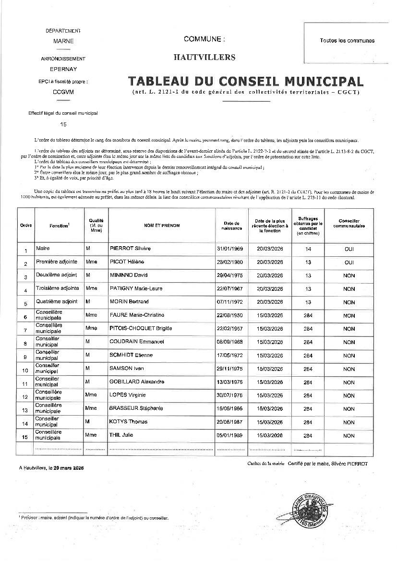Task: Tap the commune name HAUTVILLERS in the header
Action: [x=205, y=58]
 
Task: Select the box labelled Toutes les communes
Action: [x=347, y=41]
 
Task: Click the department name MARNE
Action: [x=63, y=41]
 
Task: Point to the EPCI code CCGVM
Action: [x=63, y=91]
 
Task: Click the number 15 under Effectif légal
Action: [x=63, y=124]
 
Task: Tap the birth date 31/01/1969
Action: [x=230, y=249]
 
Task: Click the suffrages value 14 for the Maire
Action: [x=308, y=249]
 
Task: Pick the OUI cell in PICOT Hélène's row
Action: [x=349, y=263]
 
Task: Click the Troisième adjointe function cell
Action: [x=57, y=288]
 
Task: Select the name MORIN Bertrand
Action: [x=129, y=302]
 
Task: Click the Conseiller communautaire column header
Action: [x=349, y=223]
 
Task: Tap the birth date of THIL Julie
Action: [x=230, y=435]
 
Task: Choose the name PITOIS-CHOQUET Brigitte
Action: [x=141, y=329]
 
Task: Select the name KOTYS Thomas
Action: [x=128, y=422]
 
